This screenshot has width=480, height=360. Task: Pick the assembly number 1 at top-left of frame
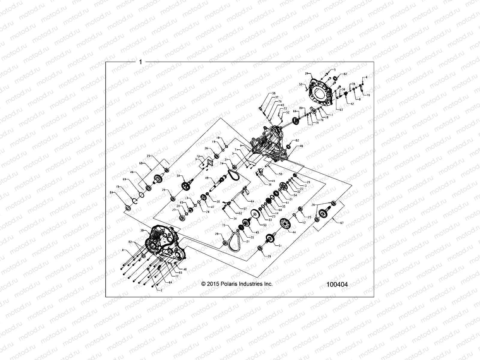pyautogui.click(x=140, y=62)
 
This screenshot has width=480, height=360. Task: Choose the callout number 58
pyautogui.click(x=274, y=93)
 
